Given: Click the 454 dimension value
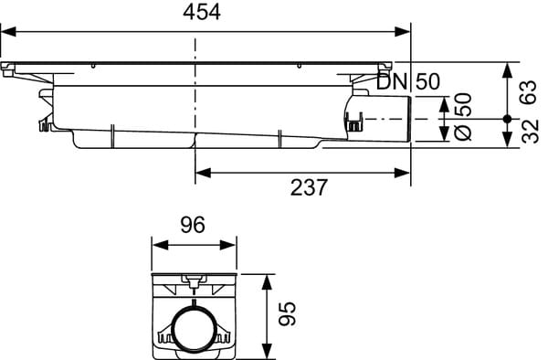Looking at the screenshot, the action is tap(202, 13).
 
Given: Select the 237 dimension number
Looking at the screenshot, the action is tap(309, 187).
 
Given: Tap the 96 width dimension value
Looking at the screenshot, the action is tap(193, 225).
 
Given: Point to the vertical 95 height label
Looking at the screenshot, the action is tap(288, 313).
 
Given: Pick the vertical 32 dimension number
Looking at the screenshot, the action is tap(530, 132).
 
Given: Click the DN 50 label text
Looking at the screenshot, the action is tap(408, 82).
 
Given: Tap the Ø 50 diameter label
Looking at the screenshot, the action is tap(463, 117).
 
